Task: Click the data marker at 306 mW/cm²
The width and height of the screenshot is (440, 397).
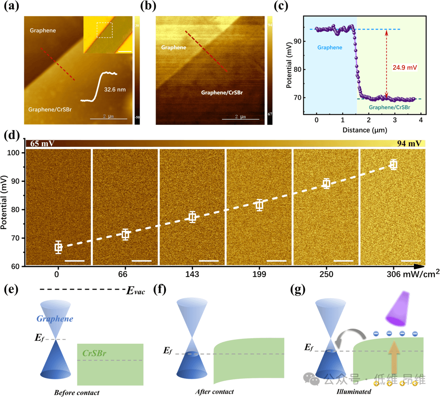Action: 393,165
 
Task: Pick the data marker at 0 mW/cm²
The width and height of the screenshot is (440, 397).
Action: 59,247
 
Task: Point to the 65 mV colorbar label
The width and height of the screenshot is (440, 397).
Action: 40,143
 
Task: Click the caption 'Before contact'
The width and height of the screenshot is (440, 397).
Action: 77,393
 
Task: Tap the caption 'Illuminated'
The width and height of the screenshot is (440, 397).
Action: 354,392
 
